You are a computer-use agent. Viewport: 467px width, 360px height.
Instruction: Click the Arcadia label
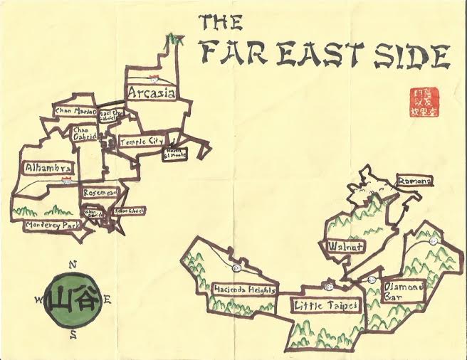[152, 92]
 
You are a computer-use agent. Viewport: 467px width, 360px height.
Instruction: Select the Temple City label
[141, 142]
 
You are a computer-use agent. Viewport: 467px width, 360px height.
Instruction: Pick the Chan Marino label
[74, 111]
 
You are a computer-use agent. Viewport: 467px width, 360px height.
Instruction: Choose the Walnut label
[346, 246]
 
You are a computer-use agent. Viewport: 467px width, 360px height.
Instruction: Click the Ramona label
[415, 181]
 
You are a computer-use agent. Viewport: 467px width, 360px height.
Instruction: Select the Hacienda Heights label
[245, 289]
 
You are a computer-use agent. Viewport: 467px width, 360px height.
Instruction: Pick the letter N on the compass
[72, 265]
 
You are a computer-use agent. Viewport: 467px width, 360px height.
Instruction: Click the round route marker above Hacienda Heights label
[236, 268]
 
